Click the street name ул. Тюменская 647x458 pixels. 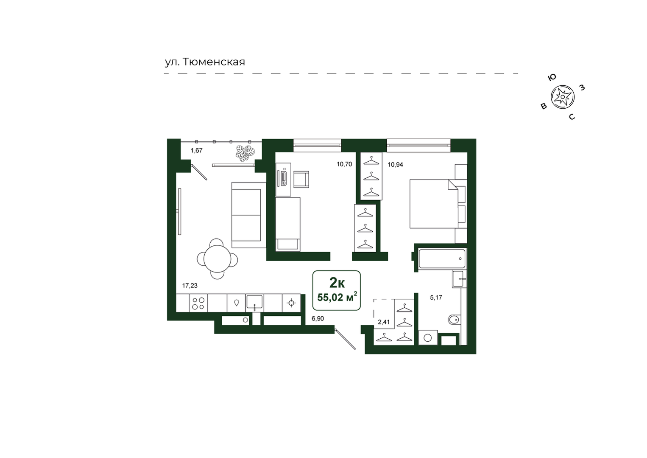pyautogui.click(x=205, y=62)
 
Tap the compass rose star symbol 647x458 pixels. pyautogui.click(x=562, y=97)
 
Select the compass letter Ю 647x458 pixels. pyautogui.click(x=552, y=77)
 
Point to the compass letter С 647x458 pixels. pyautogui.click(x=572, y=117)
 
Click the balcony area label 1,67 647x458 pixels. pyautogui.click(x=196, y=150)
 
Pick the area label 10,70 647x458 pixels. pyautogui.click(x=344, y=164)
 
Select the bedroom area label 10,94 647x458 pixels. pyautogui.click(x=395, y=165)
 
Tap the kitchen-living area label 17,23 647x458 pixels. pyautogui.click(x=190, y=286)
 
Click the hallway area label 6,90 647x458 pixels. pyautogui.click(x=318, y=319)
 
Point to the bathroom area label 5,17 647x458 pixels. pyautogui.click(x=436, y=298)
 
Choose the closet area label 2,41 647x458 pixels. pyautogui.click(x=384, y=322)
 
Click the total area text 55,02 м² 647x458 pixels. pyautogui.click(x=337, y=297)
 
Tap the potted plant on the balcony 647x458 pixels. pyautogui.click(x=245, y=153)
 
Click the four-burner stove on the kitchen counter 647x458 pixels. pyautogui.click(x=198, y=303)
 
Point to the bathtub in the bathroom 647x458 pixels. pyautogui.click(x=442, y=259)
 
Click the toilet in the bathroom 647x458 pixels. pyautogui.click(x=454, y=320)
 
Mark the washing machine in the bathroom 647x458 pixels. pyautogui.click(x=428, y=337)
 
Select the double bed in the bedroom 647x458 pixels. pyautogui.click(x=434, y=204)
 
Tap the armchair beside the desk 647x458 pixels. pyautogui.click(x=301, y=180)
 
